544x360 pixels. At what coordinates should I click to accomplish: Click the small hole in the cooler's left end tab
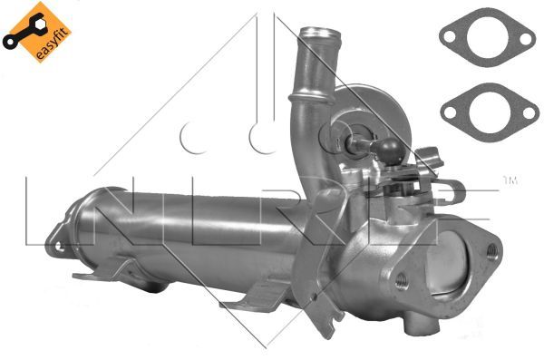click(x=53, y=243)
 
